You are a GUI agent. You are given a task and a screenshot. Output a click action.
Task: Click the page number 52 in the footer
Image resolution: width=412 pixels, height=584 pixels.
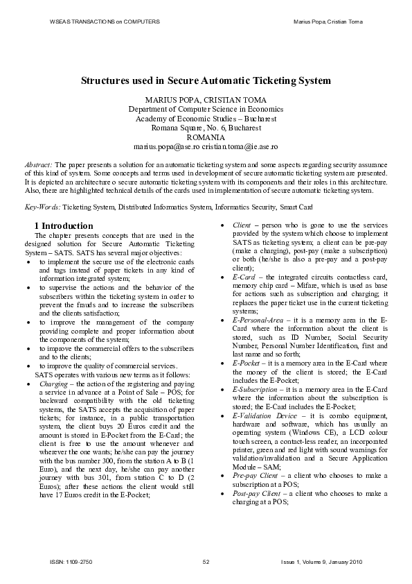point(206,561)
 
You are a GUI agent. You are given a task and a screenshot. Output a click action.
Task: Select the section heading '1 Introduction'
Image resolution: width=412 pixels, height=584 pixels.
point(64,226)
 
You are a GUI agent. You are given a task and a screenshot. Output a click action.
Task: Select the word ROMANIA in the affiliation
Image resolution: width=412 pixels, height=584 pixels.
point(206,137)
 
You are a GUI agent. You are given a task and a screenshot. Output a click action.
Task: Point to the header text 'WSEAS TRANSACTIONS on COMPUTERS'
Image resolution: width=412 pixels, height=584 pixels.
point(105,22)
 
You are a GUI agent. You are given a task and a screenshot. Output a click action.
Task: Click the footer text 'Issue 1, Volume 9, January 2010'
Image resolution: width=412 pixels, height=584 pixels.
point(321,561)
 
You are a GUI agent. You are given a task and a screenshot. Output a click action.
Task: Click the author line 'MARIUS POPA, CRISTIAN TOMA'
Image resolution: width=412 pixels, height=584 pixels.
point(205,100)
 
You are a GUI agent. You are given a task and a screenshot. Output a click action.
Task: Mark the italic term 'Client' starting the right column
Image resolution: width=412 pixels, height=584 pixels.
point(242,225)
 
